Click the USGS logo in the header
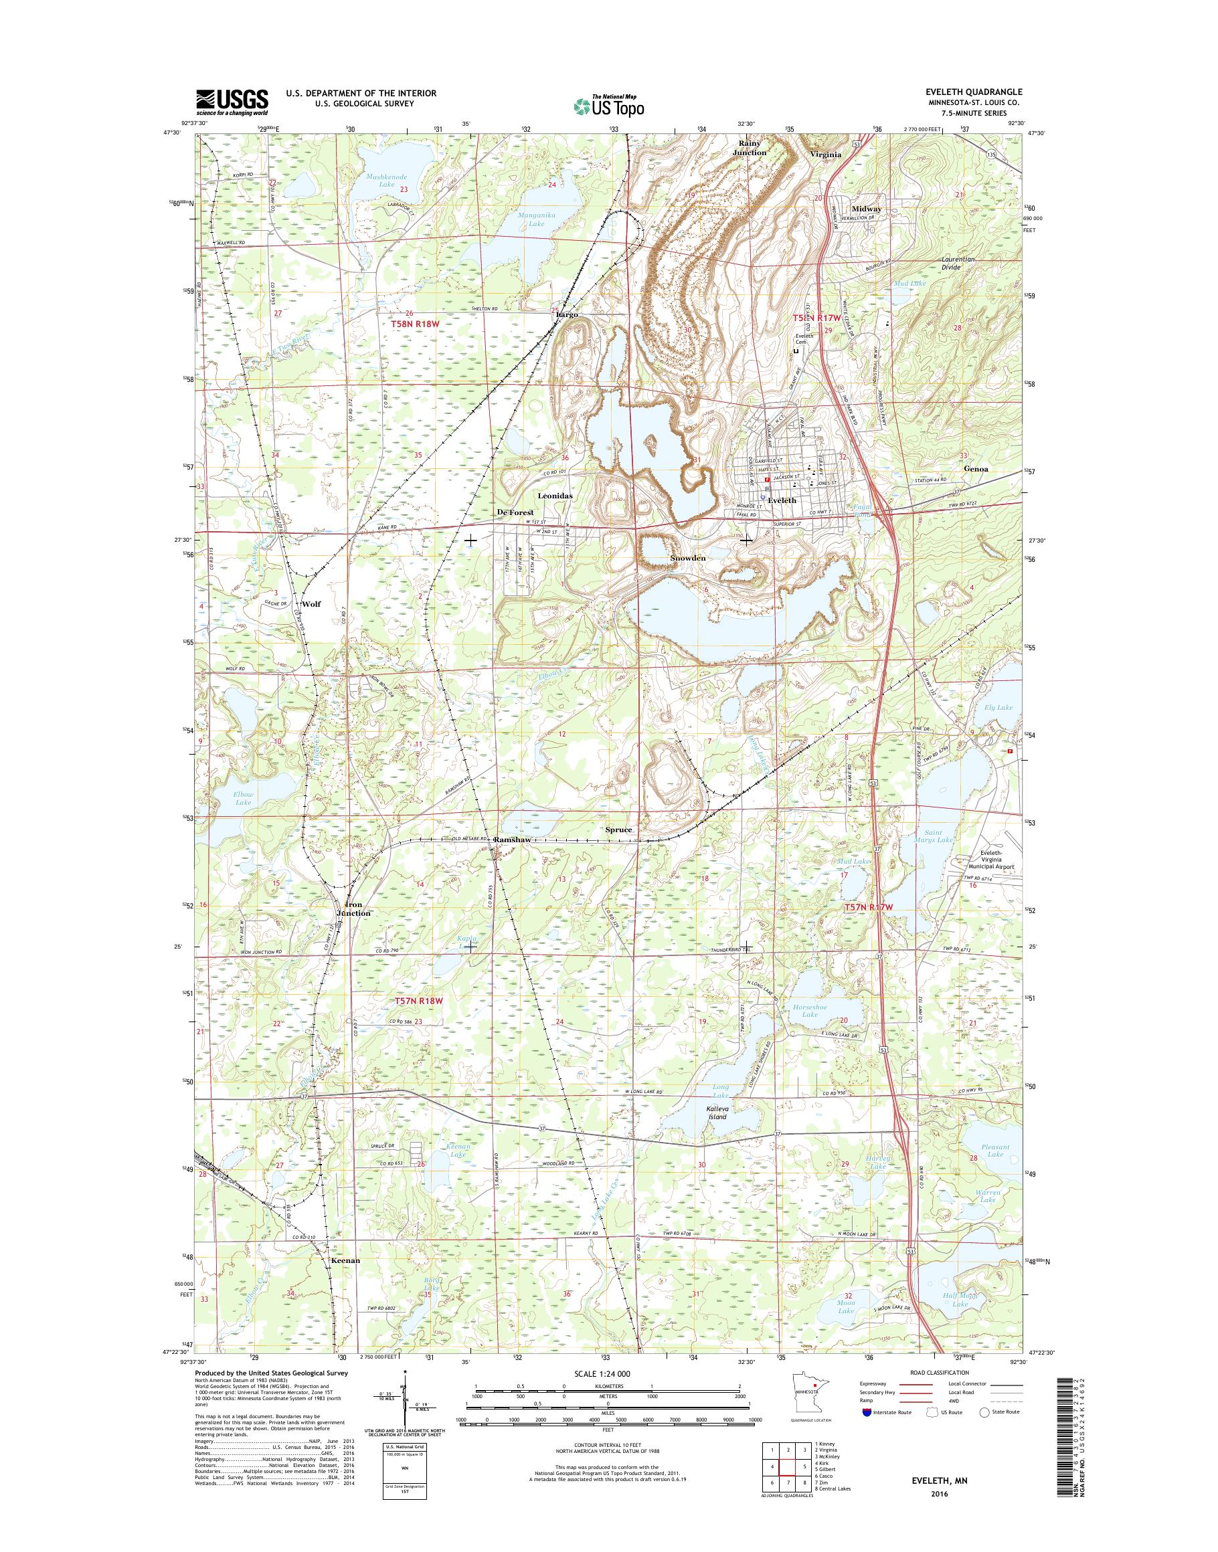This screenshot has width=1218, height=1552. (x=232, y=102)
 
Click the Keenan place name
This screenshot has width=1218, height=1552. (x=345, y=1260)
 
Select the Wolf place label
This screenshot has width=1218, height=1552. (x=311, y=604)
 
